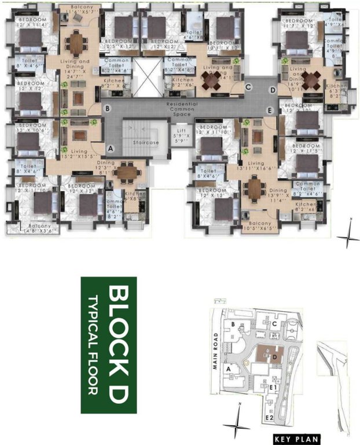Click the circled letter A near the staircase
pyautogui.click(x=111, y=148)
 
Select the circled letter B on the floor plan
pyautogui.click(x=106, y=107)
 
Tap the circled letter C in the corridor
pyautogui.click(x=248, y=87)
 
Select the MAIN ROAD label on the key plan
pyautogui.click(x=215, y=352)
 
